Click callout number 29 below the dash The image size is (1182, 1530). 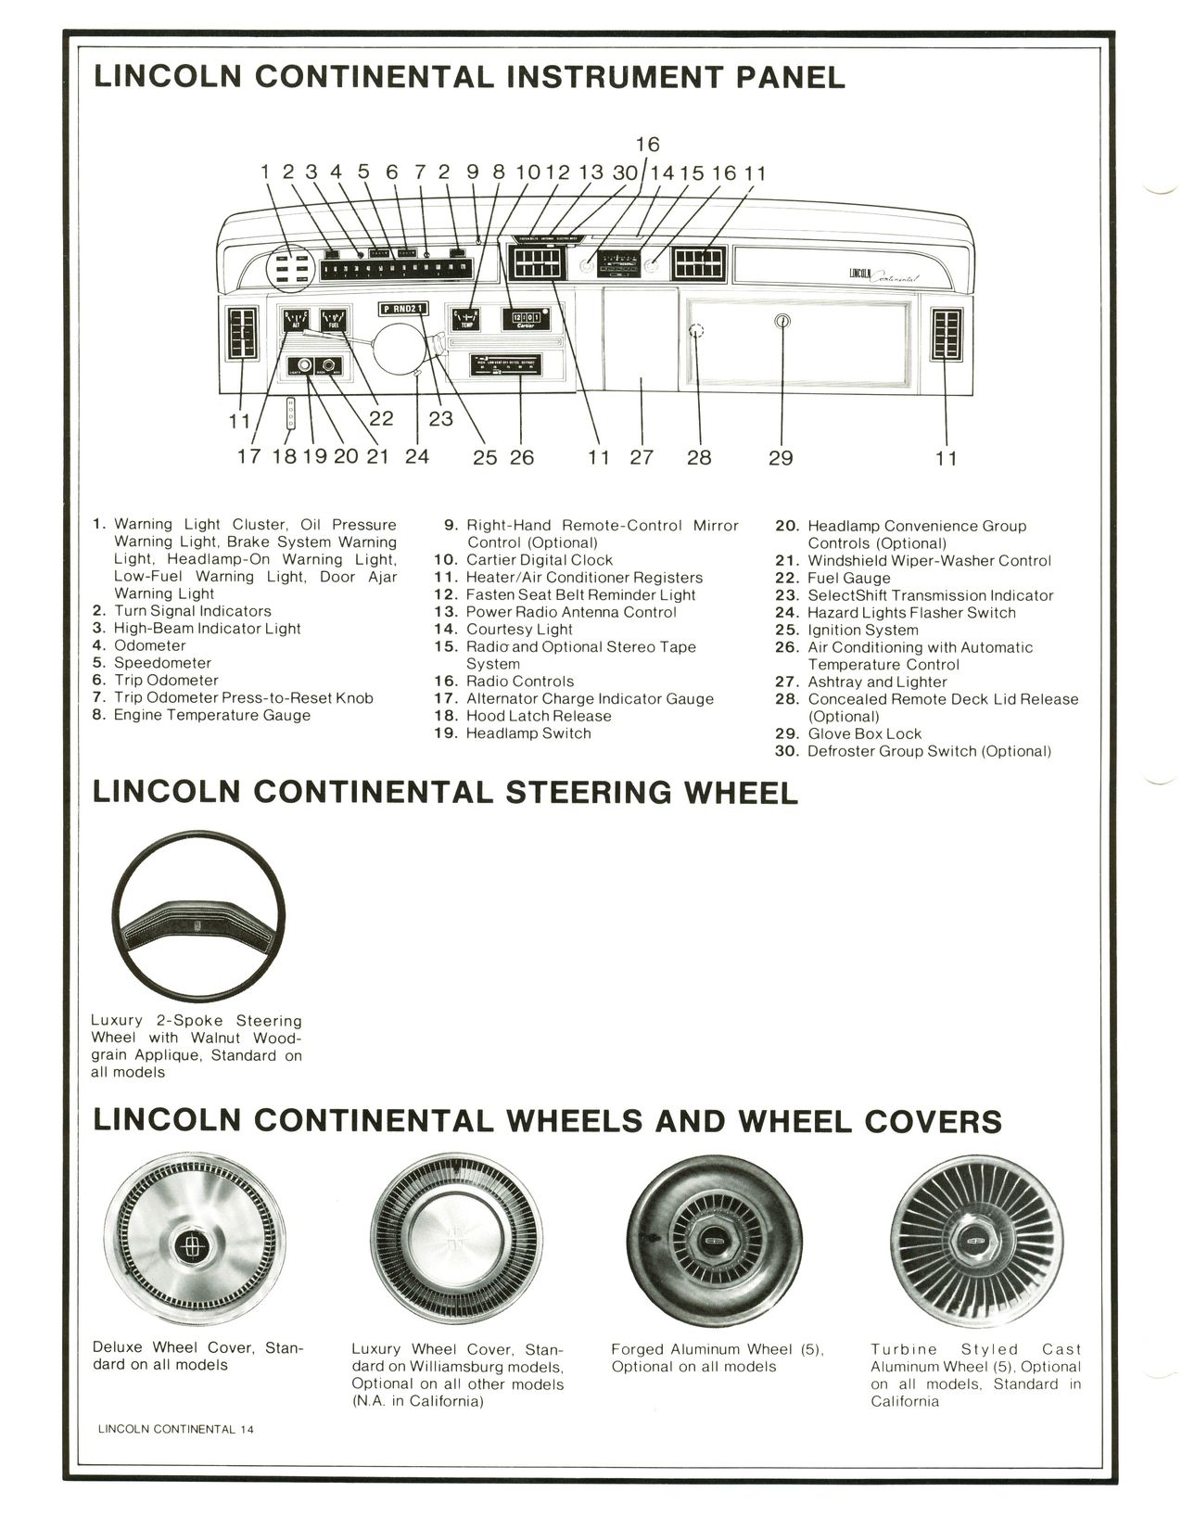pos(781,457)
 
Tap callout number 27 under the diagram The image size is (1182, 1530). pos(642,457)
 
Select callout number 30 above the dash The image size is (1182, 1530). pos(625,172)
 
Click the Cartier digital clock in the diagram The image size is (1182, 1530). pos(525,319)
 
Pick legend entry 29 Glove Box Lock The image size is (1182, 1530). pos(864,733)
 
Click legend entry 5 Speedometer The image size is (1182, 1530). pos(162,663)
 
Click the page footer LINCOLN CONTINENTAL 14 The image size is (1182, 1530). pos(175,1429)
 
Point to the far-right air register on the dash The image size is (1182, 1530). pos(947,332)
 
